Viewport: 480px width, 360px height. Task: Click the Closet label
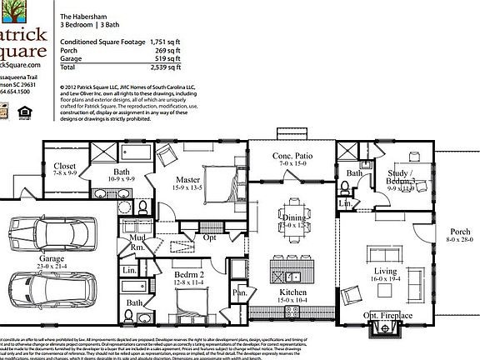click(64, 166)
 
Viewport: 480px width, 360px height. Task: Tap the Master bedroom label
click(190, 180)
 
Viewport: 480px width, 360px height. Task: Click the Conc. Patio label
click(292, 157)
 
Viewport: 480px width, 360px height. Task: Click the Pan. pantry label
click(240, 292)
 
